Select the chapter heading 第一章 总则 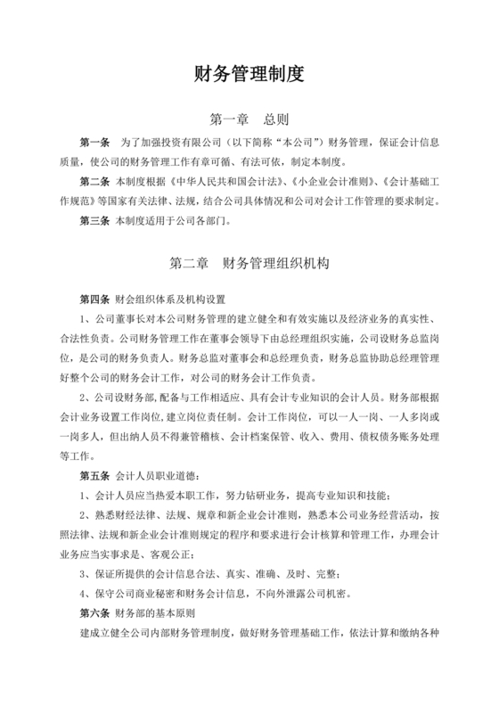coord(249,119)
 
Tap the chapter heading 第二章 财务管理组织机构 coord(250,264)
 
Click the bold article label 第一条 coord(95,143)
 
